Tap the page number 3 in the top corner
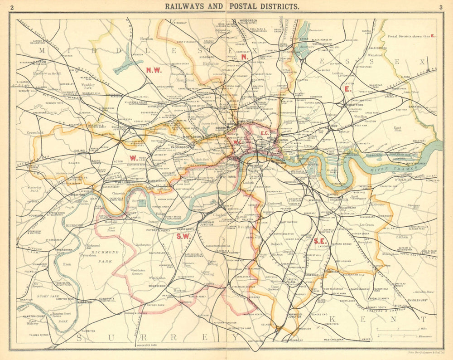pos(440,7)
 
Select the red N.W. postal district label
pos(154,69)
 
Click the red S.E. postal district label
pos(320,241)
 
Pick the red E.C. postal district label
pos(265,133)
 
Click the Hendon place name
pos(147,39)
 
